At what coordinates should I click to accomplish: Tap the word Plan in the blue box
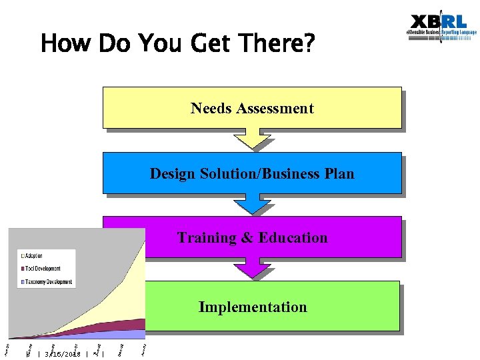(339, 174)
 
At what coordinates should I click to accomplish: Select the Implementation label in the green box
(253, 307)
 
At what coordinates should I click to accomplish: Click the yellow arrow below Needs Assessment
(252, 139)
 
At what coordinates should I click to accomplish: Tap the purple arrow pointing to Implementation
(252, 268)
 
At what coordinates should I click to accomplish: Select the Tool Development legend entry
(43, 269)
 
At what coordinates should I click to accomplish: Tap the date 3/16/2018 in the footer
(62, 354)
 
